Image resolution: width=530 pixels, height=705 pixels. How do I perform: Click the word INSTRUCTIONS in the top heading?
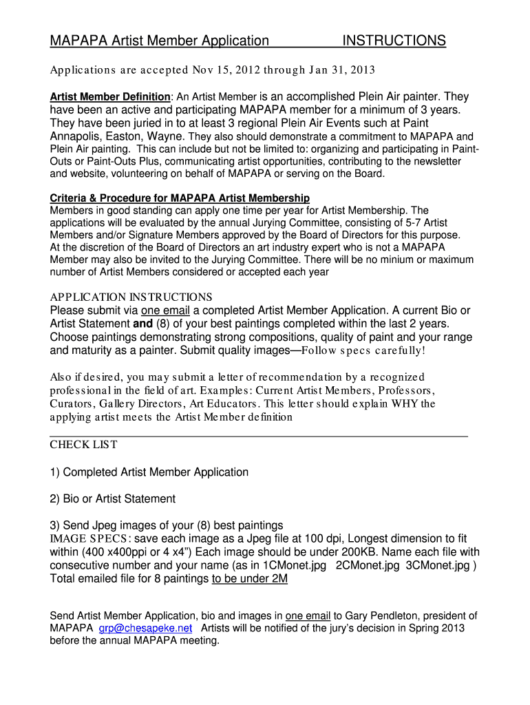coord(394,41)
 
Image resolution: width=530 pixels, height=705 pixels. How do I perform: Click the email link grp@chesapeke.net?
coord(146,629)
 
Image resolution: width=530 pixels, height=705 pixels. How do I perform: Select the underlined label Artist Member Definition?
coord(110,96)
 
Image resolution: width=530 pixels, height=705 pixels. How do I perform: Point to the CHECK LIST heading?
coord(83,445)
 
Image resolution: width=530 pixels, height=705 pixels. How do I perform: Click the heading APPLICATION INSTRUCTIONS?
coord(131,297)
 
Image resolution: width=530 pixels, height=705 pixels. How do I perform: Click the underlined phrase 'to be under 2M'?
coord(249,579)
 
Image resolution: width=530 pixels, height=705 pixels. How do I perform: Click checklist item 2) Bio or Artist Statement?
coord(113,498)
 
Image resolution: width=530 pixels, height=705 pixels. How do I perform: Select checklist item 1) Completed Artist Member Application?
coord(149,472)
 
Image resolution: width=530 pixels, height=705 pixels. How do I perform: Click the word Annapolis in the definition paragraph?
coord(76,136)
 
